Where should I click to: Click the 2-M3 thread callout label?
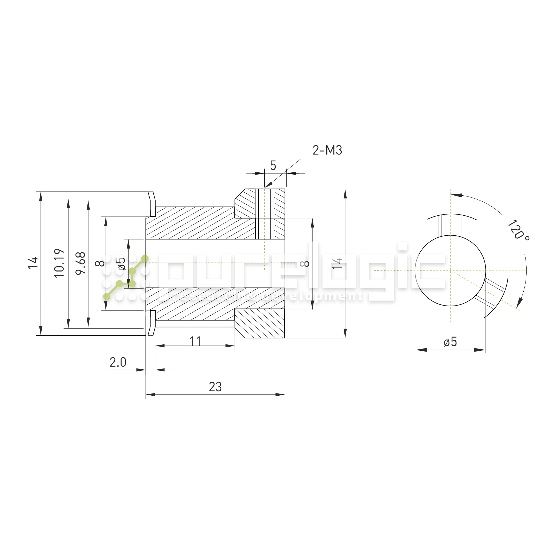(327, 150)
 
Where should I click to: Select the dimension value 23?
(215, 387)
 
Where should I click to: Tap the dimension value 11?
(195, 341)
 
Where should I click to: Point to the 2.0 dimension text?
(118, 362)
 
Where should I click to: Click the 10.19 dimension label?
(59, 263)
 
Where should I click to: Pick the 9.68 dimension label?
(81, 263)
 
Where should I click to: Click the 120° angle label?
(518, 230)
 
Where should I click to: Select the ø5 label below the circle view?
(450, 342)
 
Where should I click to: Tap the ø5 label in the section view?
(121, 264)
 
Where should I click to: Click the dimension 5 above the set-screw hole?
(273, 165)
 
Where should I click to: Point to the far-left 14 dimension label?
(33, 263)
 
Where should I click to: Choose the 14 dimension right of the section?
(337, 264)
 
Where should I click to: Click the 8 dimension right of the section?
(305, 264)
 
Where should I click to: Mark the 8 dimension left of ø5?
(100, 264)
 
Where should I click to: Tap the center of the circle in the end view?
(450, 271)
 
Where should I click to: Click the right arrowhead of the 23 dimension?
(281, 395)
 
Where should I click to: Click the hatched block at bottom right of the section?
(259, 323)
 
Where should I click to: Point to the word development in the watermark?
(312, 296)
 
